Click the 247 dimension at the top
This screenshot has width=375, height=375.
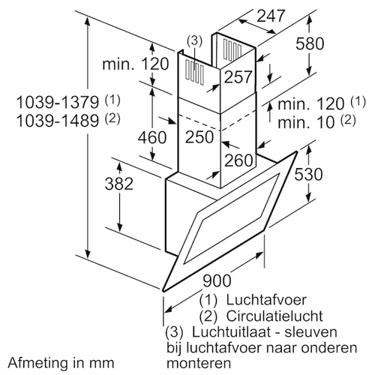click(x=271, y=16)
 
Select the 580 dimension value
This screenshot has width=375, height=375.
click(x=310, y=43)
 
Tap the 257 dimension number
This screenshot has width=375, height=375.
click(x=238, y=76)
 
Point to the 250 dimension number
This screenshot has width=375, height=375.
click(x=199, y=136)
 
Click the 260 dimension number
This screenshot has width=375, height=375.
click(x=238, y=160)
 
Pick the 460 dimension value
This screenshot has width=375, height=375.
click(x=152, y=138)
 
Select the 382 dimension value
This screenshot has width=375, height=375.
click(x=118, y=184)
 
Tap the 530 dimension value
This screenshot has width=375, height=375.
click(x=308, y=174)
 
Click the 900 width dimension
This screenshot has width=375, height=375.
click(x=217, y=280)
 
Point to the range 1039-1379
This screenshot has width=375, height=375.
click(x=58, y=103)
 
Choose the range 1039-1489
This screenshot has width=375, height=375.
click(x=58, y=121)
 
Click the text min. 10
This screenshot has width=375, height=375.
click(x=306, y=122)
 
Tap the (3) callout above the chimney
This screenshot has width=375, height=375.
click(x=194, y=40)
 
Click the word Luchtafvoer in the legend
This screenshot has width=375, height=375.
click(x=266, y=299)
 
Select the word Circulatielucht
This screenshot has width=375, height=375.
click(x=274, y=316)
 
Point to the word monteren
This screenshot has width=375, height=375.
click(x=199, y=363)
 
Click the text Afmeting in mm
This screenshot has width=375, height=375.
click(x=61, y=363)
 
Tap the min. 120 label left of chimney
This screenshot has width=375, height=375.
click(x=136, y=64)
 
